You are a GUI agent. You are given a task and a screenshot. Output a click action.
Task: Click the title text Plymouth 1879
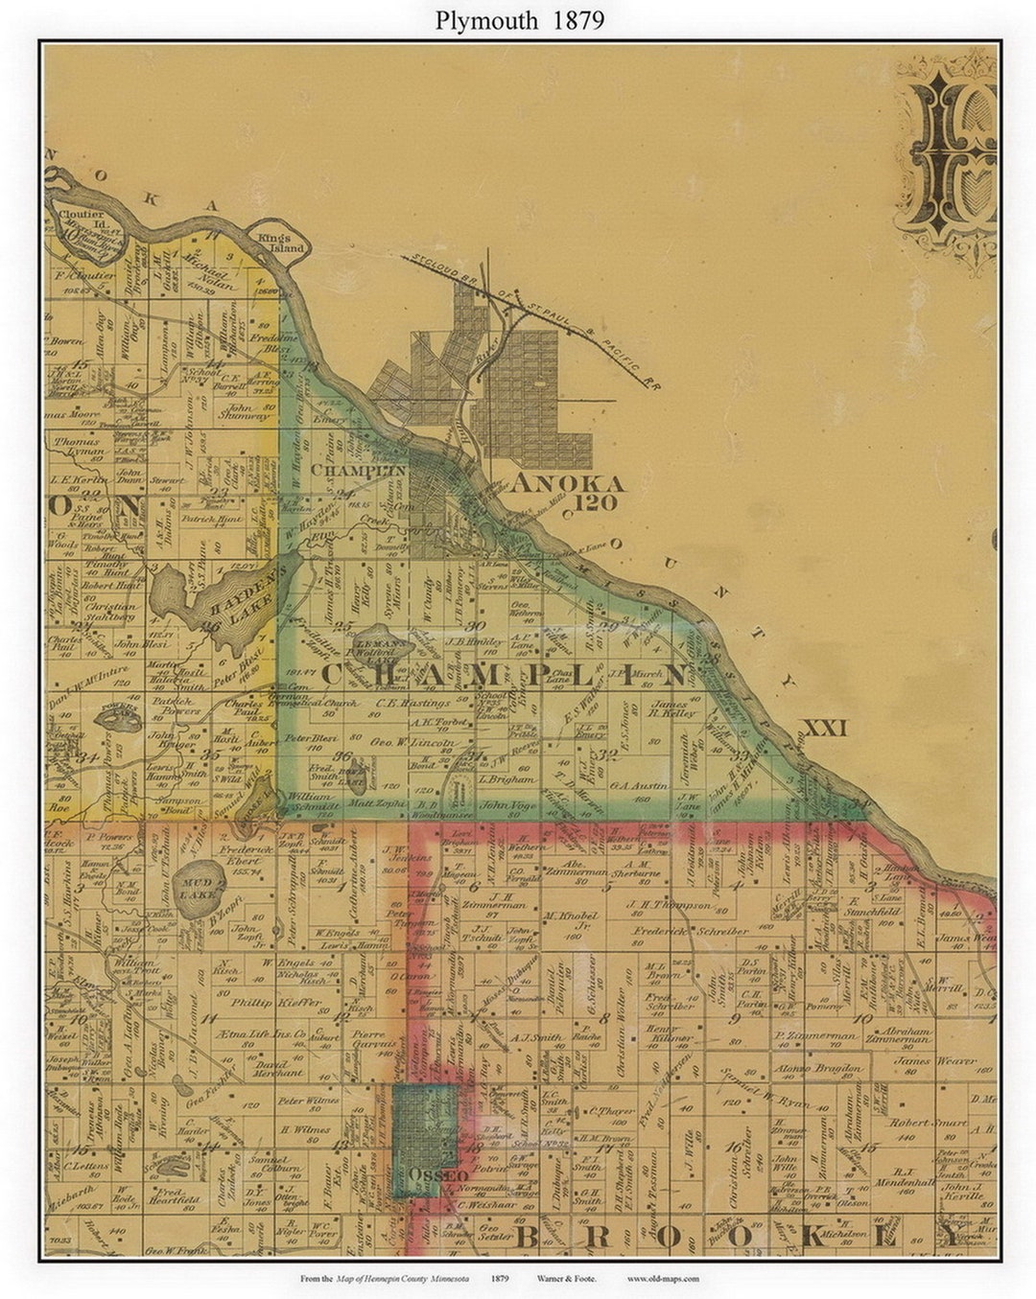519,20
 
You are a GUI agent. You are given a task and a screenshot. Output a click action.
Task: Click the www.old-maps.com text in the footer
663,1278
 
